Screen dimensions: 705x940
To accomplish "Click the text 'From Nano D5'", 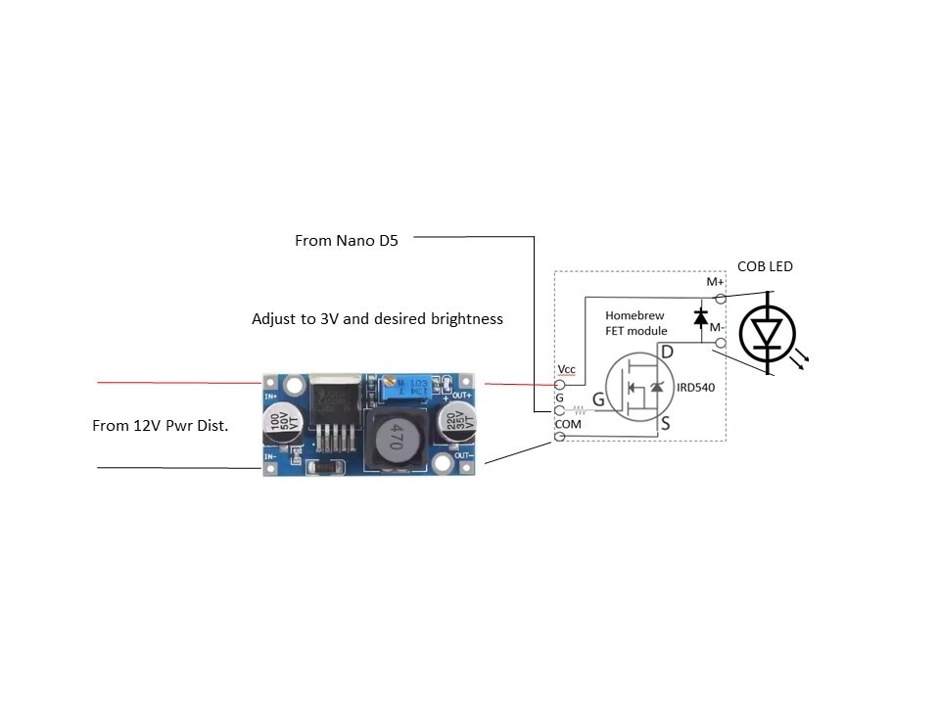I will (x=346, y=240).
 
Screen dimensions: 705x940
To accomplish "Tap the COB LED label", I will (x=765, y=266).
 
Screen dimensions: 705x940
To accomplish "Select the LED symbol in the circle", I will (x=768, y=332).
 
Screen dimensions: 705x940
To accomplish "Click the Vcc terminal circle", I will (x=560, y=385).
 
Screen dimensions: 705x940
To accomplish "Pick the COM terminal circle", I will (x=560, y=436).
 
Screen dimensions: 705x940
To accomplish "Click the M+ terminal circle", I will (x=721, y=298).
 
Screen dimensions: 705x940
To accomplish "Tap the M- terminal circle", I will (x=721, y=342).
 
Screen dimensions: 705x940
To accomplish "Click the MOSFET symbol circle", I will (x=637, y=389).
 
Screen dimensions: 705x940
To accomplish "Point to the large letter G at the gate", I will (x=596, y=400).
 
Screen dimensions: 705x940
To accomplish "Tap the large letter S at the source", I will (x=664, y=424).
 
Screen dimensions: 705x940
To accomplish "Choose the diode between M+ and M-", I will (x=700, y=317).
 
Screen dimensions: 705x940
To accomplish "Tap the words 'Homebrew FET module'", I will (x=635, y=323).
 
